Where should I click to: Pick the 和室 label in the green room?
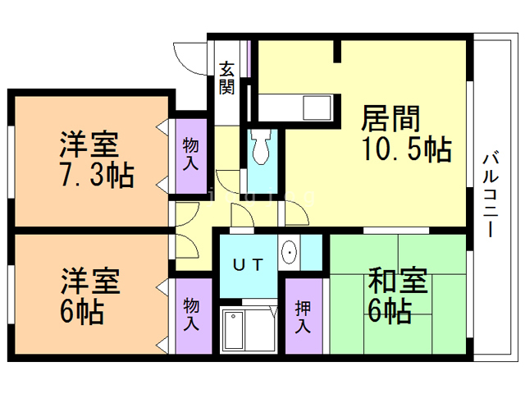[x=397, y=282]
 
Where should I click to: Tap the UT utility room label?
[x=246, y=264]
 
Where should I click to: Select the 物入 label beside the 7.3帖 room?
[x=190, y=153]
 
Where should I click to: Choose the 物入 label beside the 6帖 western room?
[x=190, y=315]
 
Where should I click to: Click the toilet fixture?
[x=262, y=149]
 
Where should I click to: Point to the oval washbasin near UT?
[x=289, y=253]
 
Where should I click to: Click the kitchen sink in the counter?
[x=313, y=108]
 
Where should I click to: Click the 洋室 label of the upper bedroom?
[x=88, y=143]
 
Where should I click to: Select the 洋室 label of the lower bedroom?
[x=88, y=282]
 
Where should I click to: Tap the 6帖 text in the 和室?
[x=390, y=311]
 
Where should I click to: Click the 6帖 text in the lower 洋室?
[x=80, y=311]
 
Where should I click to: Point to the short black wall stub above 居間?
[x=336, y=50]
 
